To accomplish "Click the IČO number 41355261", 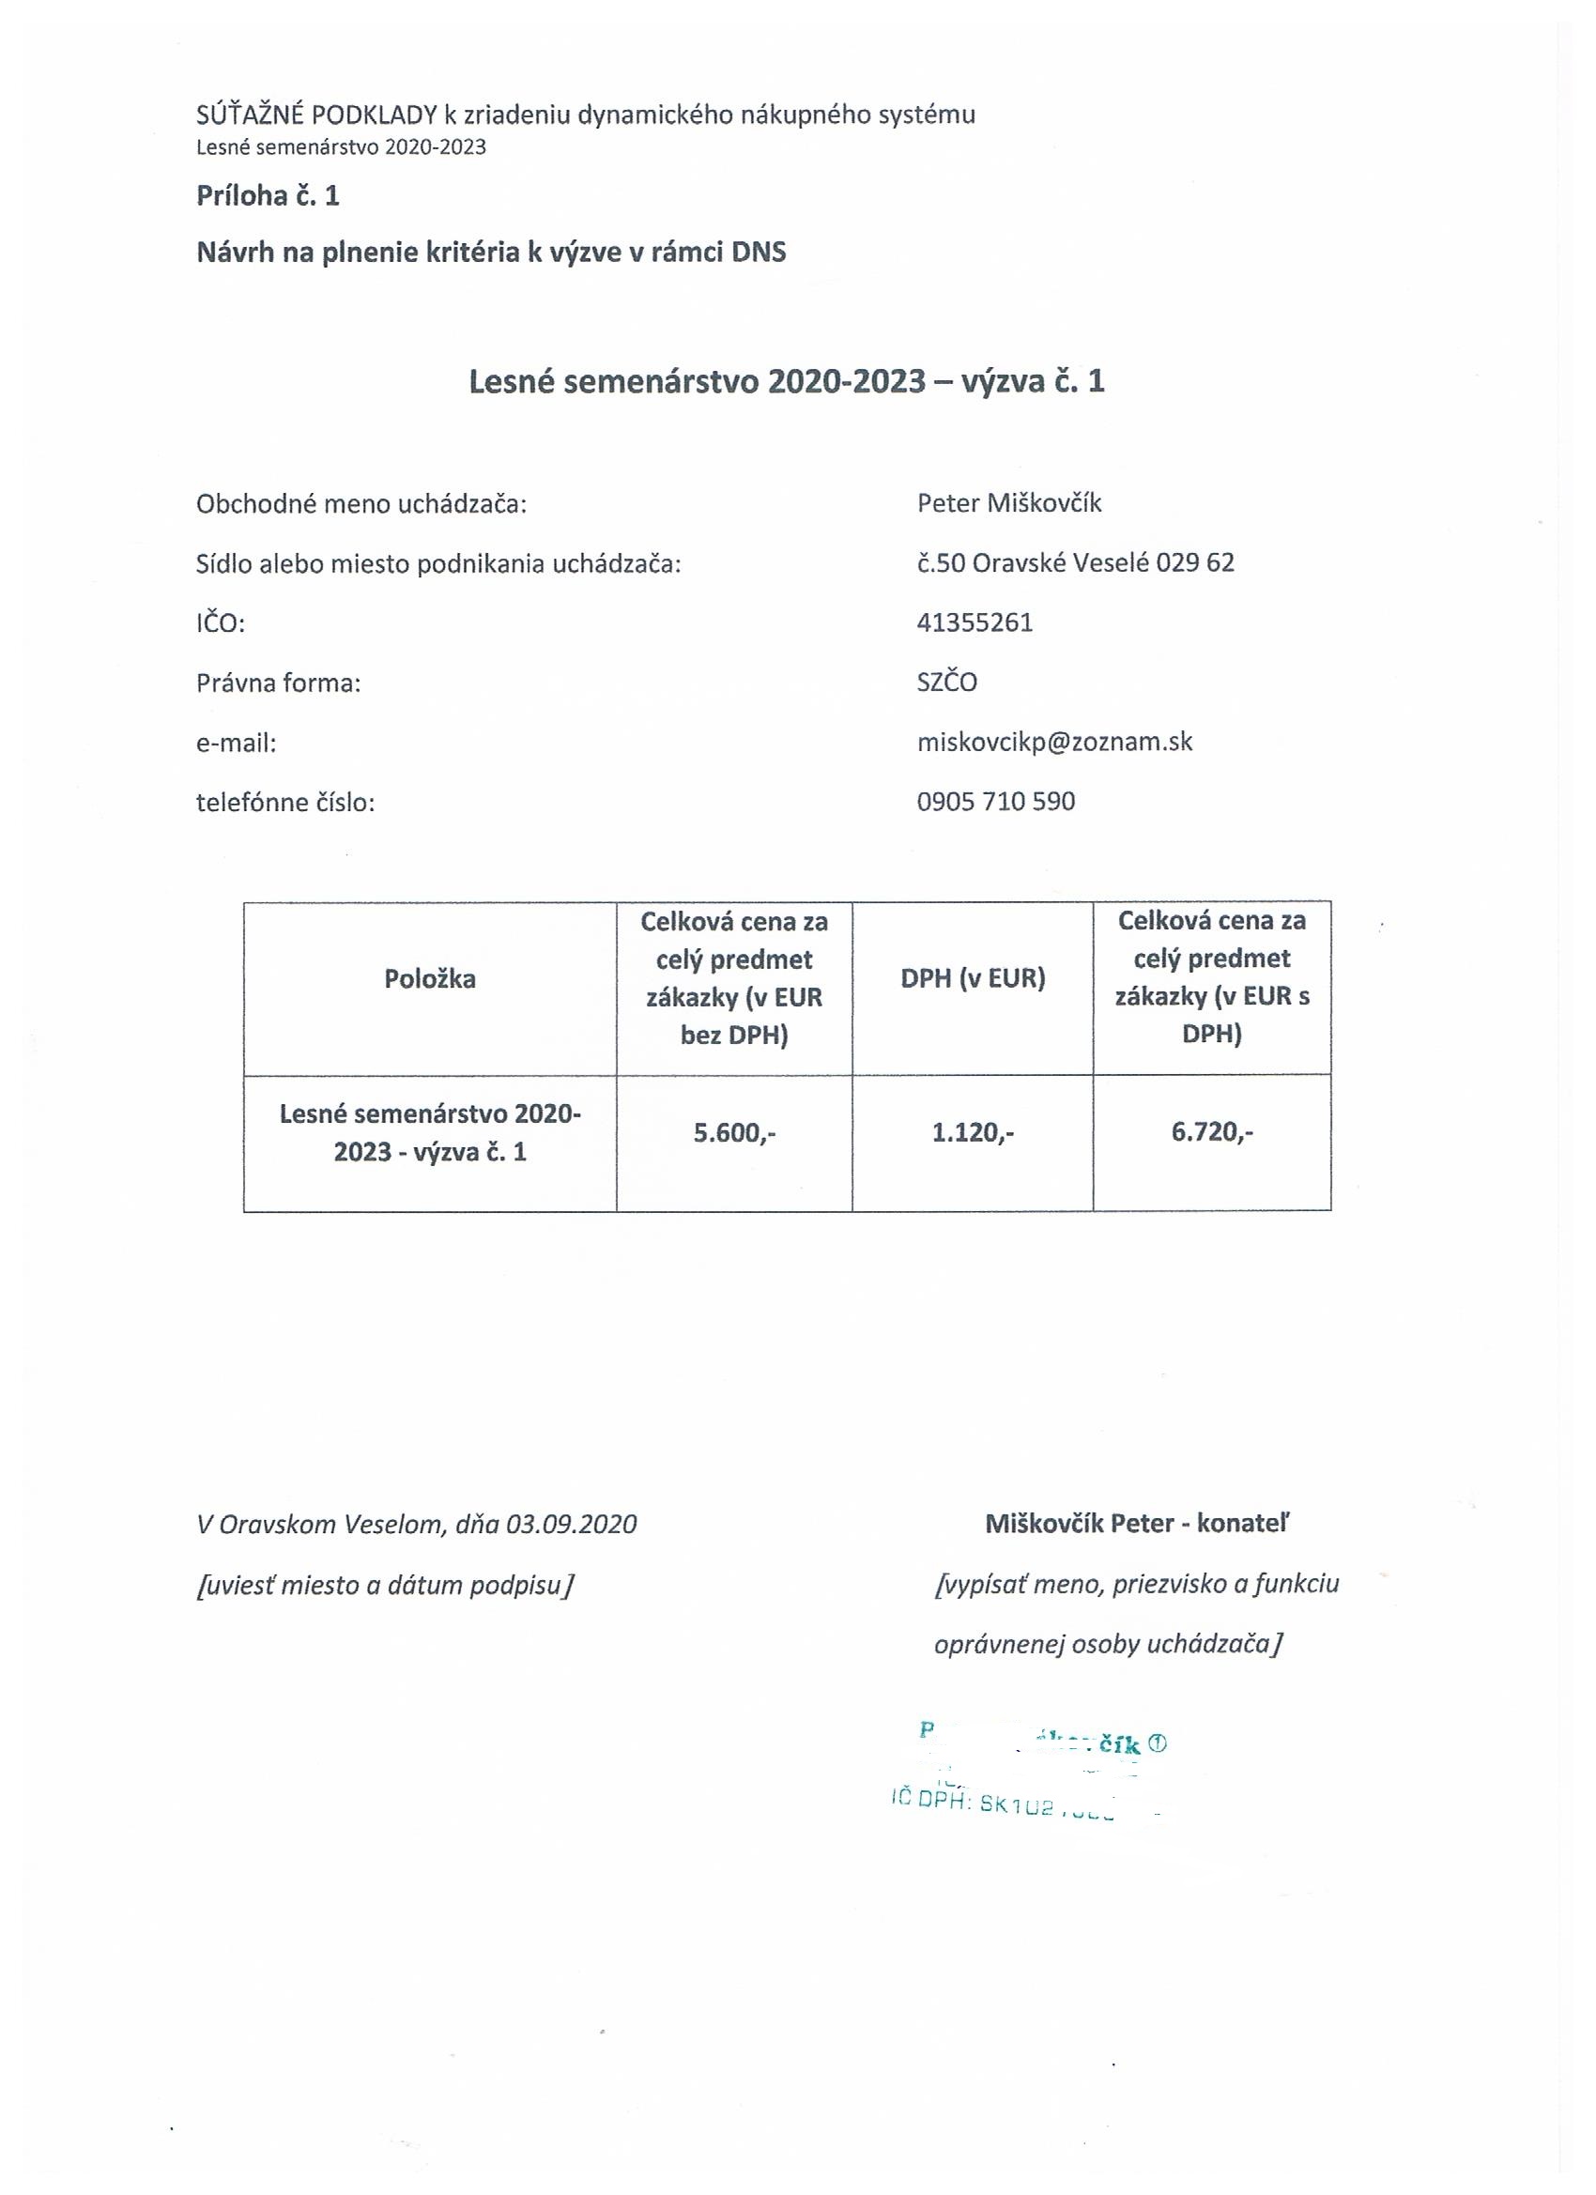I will [974, 622].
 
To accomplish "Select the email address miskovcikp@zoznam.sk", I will [1054, 743].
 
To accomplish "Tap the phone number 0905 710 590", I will [996, 802].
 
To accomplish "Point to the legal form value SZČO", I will [946, 683].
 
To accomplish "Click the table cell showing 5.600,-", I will [734, 1132].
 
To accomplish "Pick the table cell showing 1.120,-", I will [973, 1132].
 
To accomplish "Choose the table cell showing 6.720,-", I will [1212, 1132].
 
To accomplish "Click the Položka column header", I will [430, 978].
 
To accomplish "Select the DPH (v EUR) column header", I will [973, 978].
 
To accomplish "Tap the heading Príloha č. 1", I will [269, 196].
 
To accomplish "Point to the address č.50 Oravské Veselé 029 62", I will [1075, 562].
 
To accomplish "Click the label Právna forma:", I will [279, 683].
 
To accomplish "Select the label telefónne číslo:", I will [285, 803].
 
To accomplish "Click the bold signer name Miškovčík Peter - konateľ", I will [1137, 1525].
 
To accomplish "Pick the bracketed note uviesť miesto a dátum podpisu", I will [385, 1586].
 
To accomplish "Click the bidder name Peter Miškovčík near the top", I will [1008, 503].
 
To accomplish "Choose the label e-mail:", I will [237, 744].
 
